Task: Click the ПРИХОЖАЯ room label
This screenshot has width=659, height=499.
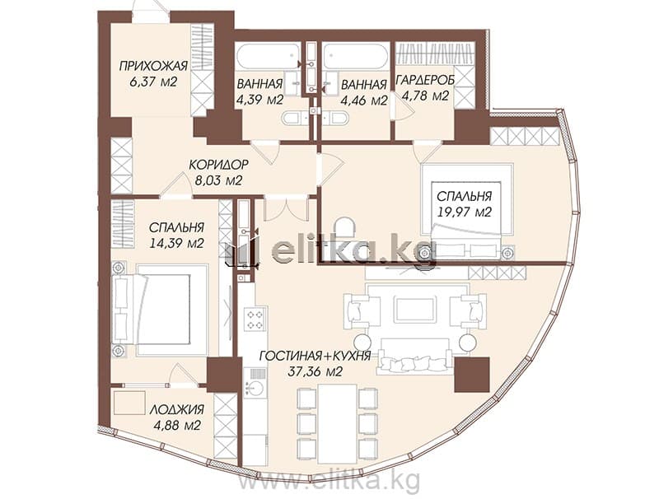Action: pyautogui.click(x=153, y=66)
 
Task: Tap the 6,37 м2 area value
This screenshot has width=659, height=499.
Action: pyautogui.click(x=153, y=81)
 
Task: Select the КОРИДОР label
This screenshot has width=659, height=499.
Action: pyautogui.click(x=218, y=164)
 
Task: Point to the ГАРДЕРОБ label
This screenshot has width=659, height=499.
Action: pyautogui.click(x=425, y=80)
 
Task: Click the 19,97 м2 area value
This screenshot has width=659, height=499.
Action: pyautogui.click(x=464, y=212)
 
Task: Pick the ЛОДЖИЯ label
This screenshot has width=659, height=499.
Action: pyautogui.click(x=177, y=409)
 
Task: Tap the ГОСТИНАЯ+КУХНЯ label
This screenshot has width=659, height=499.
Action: pyautogui.click(x=315, y=357)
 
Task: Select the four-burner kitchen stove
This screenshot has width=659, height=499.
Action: pyautogui.click(x=255, y=319)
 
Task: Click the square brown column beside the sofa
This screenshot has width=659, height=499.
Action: pyautogui.click(x=472, y=374)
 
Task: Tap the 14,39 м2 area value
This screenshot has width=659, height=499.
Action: pyautogui.click(x=177, y=242)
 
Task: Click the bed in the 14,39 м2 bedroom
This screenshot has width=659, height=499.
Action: pyautogui.click(x=160, y=310)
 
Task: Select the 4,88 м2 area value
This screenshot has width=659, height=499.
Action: pyautogui.click(x=177, y=425)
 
